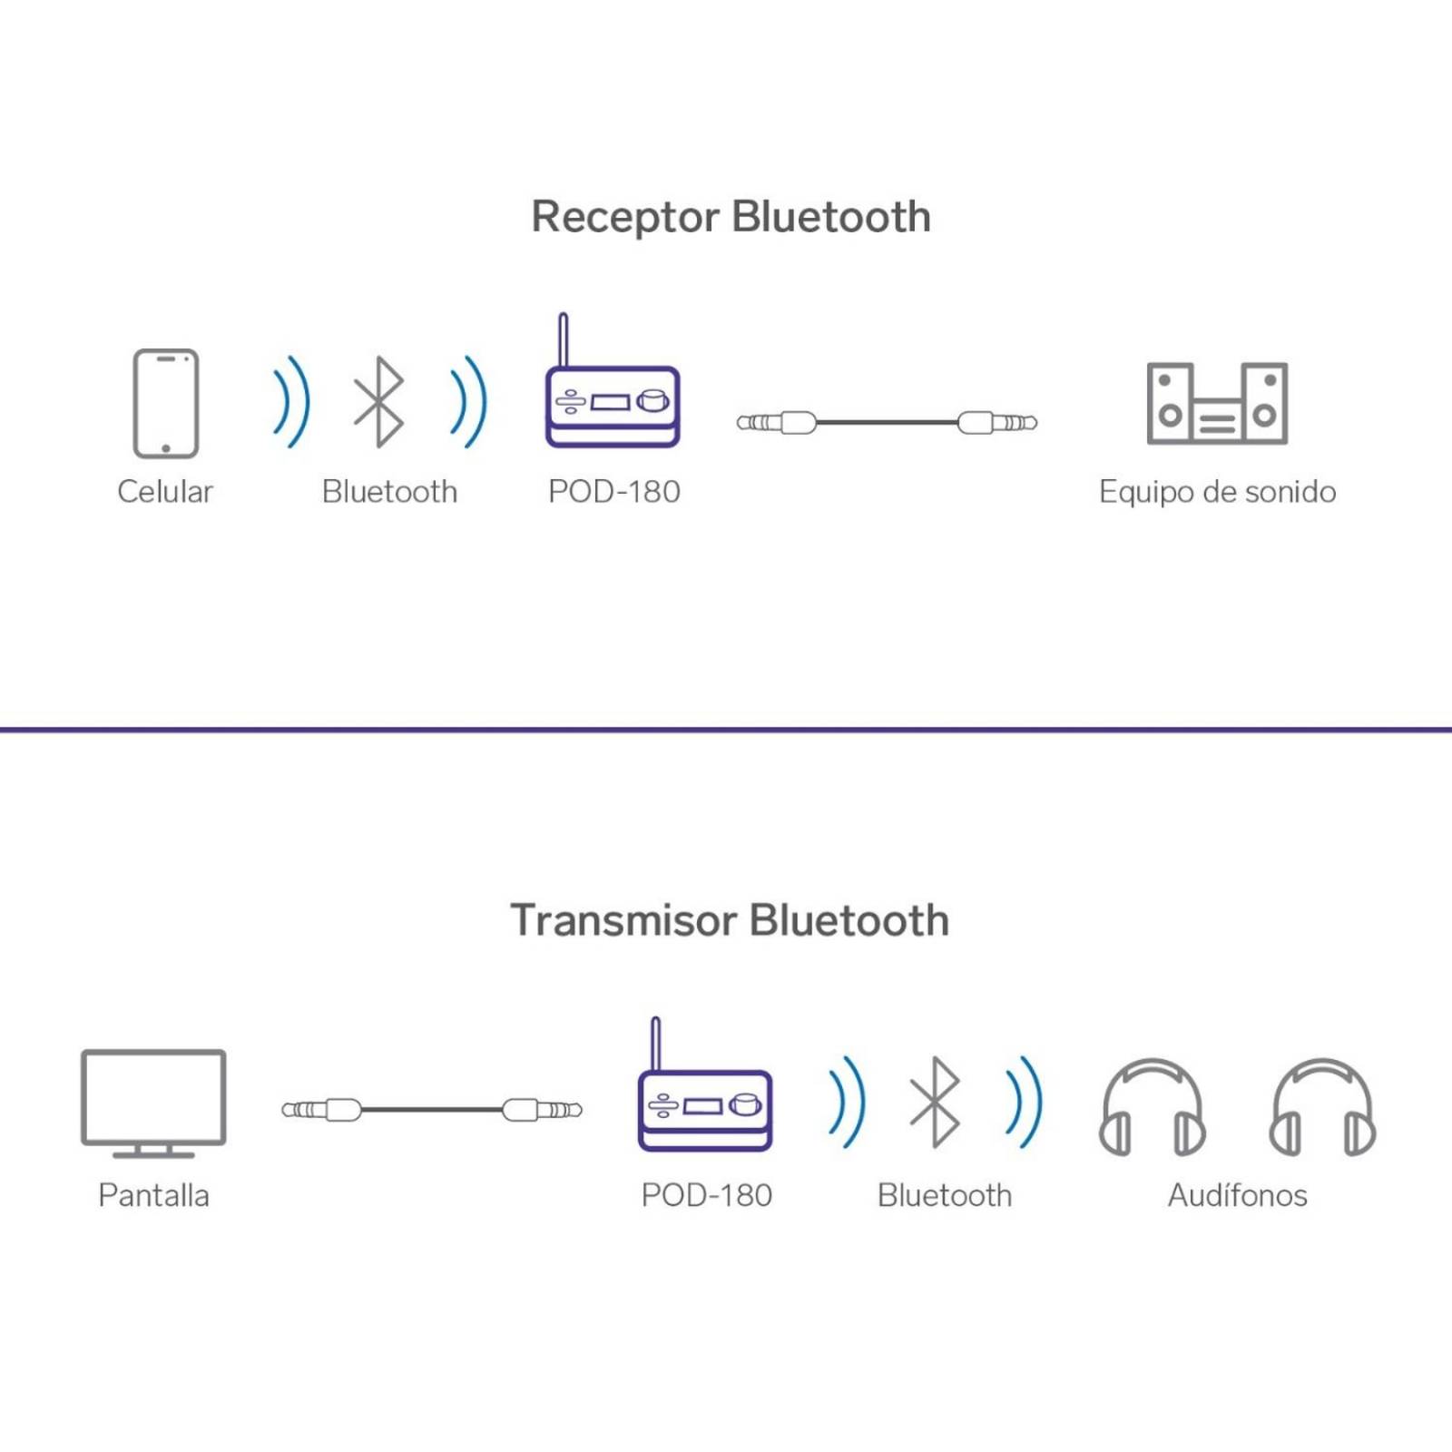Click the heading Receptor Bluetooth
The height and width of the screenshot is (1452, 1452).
point(731,218)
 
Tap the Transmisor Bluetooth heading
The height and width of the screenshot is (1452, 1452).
point(730,920)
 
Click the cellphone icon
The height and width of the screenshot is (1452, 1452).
point(165,403)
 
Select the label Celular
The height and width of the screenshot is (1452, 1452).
point(164,492)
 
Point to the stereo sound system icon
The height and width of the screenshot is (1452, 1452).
point(1217,404)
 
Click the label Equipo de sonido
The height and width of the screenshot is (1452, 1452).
point(1217,492)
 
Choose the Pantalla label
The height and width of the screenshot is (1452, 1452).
point(153,1195)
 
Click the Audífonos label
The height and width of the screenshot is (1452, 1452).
point(1237,1195)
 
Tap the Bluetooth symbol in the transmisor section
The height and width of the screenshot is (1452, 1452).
point(936,1103)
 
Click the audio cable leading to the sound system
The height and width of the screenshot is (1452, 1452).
point(887,422)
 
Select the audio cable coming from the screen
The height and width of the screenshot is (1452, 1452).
point(432,1109)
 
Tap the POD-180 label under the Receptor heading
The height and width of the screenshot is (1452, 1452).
point(614,492)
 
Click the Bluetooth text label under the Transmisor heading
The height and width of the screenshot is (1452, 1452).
point(944,1195)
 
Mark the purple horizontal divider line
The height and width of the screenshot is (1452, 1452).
point(726,729)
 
